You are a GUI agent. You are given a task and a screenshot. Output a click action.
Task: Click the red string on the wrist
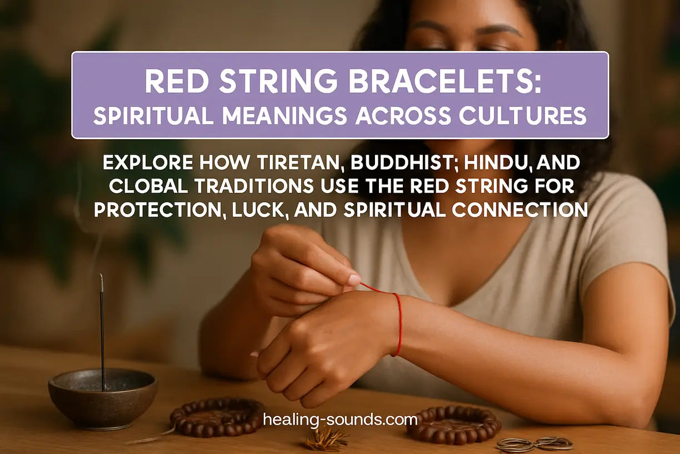(x=398, y=323)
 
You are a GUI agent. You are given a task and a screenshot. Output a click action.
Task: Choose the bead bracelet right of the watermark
(x=453, y=424)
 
